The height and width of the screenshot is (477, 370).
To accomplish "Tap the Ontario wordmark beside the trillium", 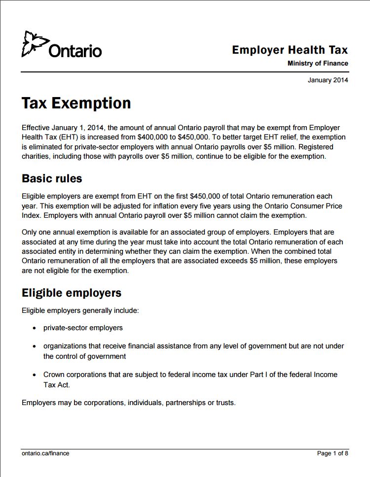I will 75,51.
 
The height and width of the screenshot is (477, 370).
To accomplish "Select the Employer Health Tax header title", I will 290,50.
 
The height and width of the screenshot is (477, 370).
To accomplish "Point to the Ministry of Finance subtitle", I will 318,64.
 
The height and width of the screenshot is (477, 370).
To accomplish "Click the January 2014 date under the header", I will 328,80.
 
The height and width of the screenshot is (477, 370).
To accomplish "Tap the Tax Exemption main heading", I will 76,103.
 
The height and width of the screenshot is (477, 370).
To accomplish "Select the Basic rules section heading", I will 52,178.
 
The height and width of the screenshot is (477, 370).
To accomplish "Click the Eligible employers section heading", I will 72,293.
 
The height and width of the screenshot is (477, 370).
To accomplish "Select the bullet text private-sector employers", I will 83,328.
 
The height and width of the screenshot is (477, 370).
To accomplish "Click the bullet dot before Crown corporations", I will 34,375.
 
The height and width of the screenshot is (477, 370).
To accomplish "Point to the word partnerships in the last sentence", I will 185,403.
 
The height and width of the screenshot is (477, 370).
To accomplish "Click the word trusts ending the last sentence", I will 225,403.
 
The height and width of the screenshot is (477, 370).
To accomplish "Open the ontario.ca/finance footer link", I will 45,453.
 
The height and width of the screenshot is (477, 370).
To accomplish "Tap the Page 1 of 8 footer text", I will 333,453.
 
